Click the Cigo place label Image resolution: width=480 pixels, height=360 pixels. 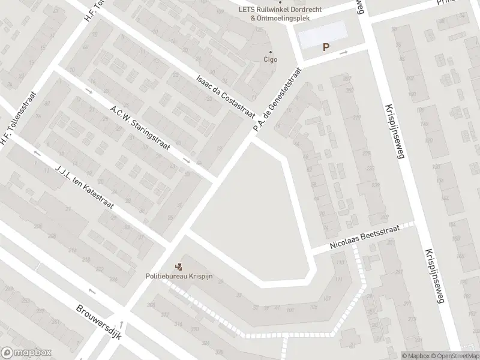[x=271, y=59]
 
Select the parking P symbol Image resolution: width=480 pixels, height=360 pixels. [x=326, y=47]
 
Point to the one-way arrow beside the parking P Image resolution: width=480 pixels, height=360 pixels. [x=344, y=53]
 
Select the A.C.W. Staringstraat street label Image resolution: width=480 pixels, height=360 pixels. [x=140, y=127]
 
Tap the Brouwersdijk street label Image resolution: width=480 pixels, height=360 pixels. [x=99, y=322]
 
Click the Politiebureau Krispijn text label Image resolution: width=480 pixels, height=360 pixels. [x=179, y=277]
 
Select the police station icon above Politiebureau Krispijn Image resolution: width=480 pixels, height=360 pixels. [x=178, y=266]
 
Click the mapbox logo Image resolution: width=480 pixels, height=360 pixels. [x=26, y=353]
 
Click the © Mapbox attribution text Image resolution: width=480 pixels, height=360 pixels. [x=415, y=356]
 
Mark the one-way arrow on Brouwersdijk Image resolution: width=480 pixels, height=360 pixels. [x=91, y=291]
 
